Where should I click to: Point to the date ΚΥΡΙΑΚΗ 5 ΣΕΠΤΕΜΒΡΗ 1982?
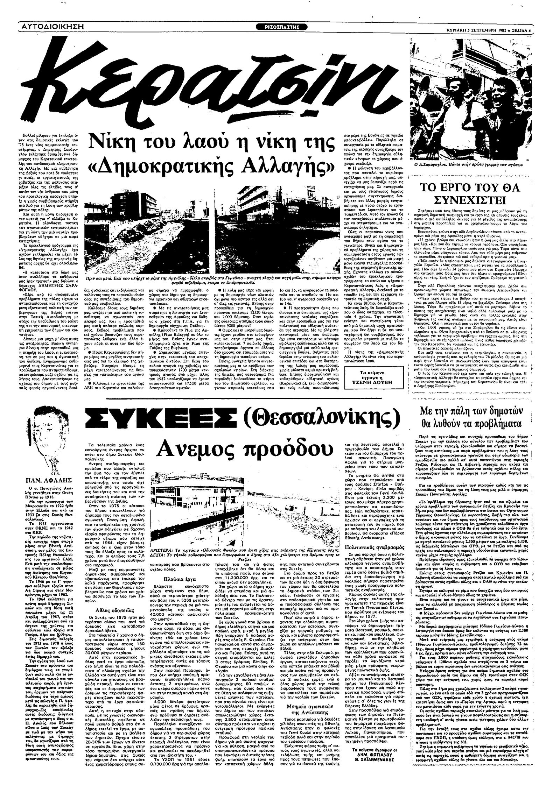(x=476, y=30)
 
